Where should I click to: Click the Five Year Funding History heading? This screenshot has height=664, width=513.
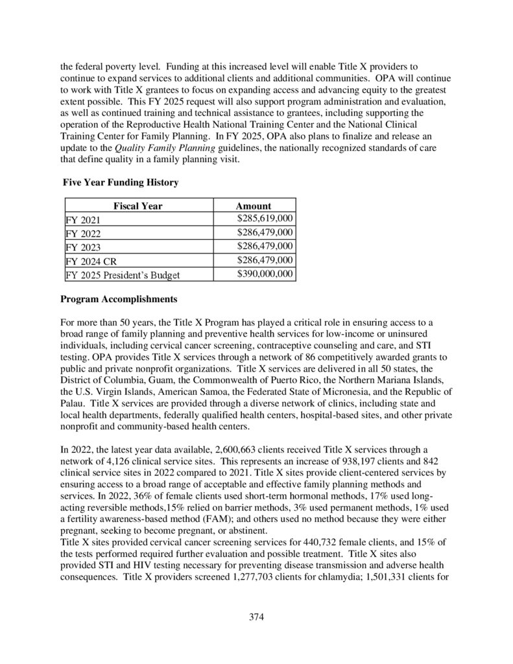(x=120, y=184)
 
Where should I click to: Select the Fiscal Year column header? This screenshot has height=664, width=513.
(x=137, y=206)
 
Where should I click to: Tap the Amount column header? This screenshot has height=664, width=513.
(x=253, y=206)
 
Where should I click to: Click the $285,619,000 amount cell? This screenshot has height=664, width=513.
(x=265, y=219)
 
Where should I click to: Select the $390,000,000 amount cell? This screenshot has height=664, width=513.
(x=265, y=274)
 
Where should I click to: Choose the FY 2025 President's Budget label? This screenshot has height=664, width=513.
(x=123, y=275)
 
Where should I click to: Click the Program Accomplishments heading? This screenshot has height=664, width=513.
(x=118, y=300)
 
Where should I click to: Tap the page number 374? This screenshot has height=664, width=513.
(x=257, y=617)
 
